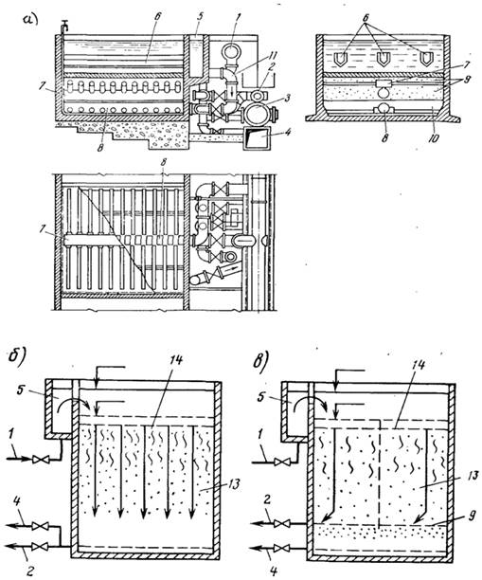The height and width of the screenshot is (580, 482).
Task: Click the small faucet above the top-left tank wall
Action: coord(65,26)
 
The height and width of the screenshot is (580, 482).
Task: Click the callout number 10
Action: coord(434,138)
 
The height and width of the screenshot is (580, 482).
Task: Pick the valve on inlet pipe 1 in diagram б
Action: coord(38,460)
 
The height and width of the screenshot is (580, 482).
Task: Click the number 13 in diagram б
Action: coord(234,483)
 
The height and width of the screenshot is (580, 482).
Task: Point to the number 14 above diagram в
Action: coord(417,365)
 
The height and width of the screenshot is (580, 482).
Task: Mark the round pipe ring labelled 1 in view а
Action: coord(232,51)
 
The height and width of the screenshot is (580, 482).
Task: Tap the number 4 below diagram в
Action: coord(274,571)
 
